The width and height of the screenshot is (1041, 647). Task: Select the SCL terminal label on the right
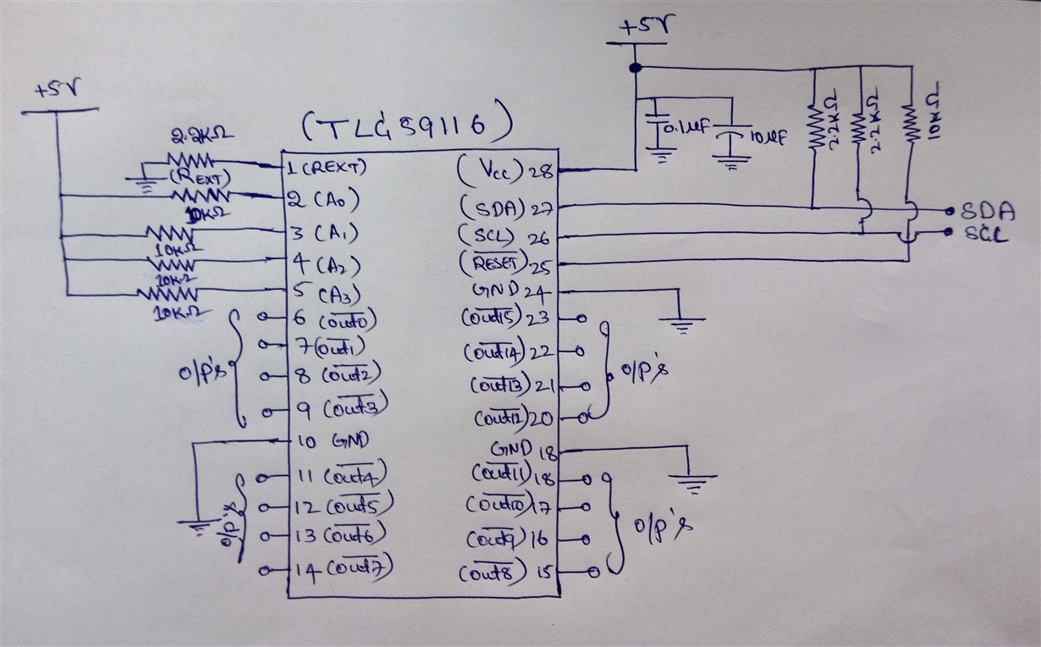(986, 235)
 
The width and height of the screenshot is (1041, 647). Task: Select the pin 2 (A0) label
(325, 200)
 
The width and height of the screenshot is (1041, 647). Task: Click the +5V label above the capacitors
(641, 28)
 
